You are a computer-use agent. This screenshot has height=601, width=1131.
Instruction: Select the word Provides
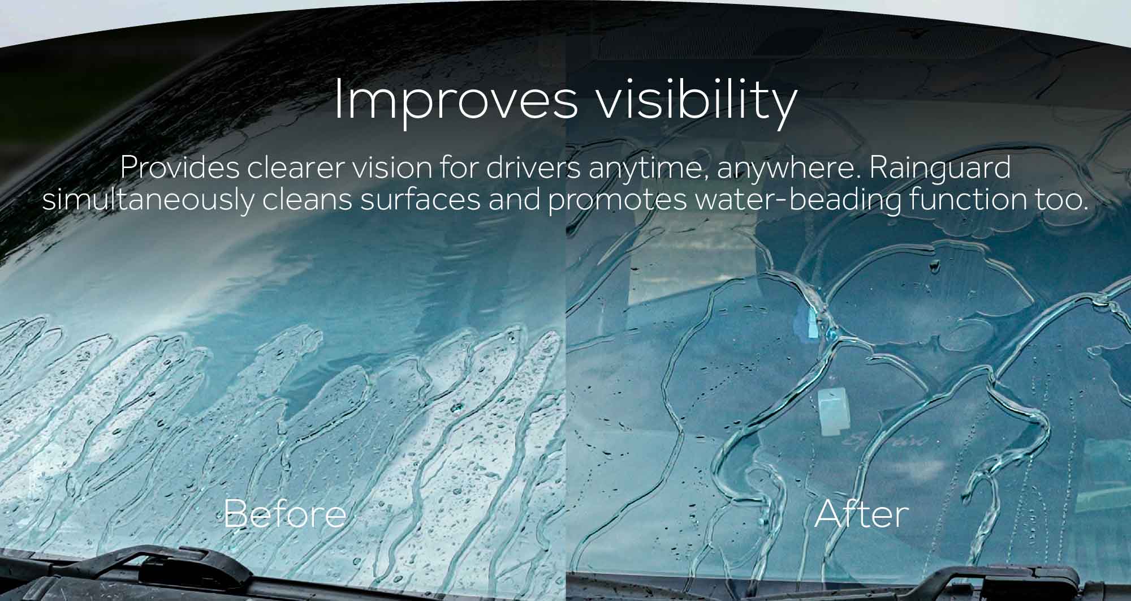(x=179, y=168)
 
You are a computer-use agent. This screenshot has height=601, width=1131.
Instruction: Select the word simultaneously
(x=148, y=200)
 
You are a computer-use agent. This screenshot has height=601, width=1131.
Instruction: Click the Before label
(x=284, y=514)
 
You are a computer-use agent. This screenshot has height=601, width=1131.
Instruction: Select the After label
(x=861, y=514)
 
